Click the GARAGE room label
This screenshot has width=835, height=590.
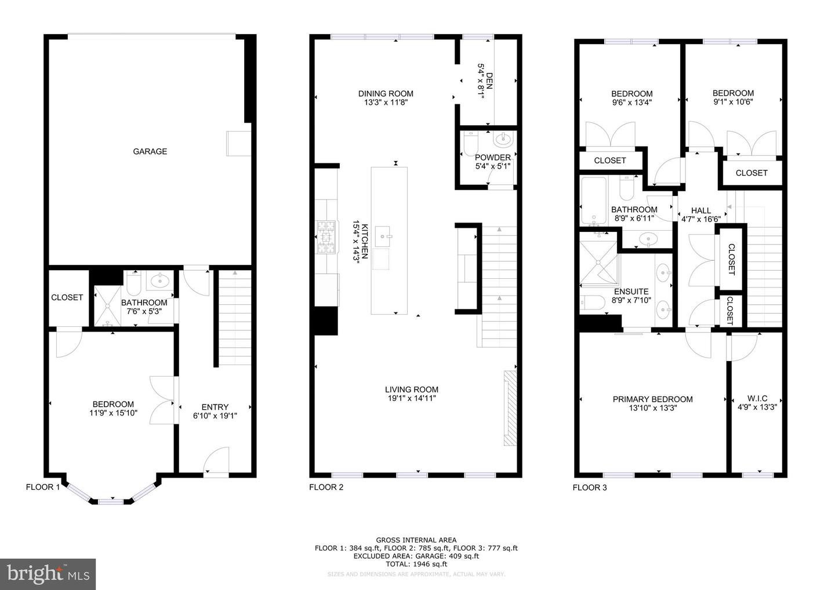pos(150,151)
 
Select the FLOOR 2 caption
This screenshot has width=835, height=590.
pos(326,487)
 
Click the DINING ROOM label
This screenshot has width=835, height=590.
pos(386,93)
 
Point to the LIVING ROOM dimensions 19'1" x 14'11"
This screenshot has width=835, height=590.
pos(412,398)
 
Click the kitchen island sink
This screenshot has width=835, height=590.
pos(384,235)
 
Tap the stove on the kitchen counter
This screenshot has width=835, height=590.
pos(325,236)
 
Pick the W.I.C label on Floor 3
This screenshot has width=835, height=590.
pos(757,398)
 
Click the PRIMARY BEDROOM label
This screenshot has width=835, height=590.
pos(652,399)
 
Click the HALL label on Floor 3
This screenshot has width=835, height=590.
pos(700,210)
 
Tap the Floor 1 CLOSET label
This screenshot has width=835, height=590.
pos(67,297)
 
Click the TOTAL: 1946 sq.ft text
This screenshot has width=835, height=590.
pos(416,564)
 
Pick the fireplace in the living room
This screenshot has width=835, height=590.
pos(509,409)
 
